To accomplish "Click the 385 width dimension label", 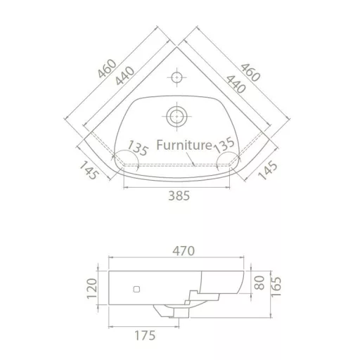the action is point(179,195).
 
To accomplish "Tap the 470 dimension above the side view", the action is point(184,251).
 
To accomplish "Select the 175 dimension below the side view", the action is point(145,335).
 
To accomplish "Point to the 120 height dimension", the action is point(92,288).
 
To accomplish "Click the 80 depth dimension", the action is point(259,283).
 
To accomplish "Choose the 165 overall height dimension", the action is point(276,287).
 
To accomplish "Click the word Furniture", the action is point(184,145).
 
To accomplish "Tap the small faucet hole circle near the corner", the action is point(176,77).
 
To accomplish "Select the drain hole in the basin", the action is point(176,116).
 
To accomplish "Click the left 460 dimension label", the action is point(107,69).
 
